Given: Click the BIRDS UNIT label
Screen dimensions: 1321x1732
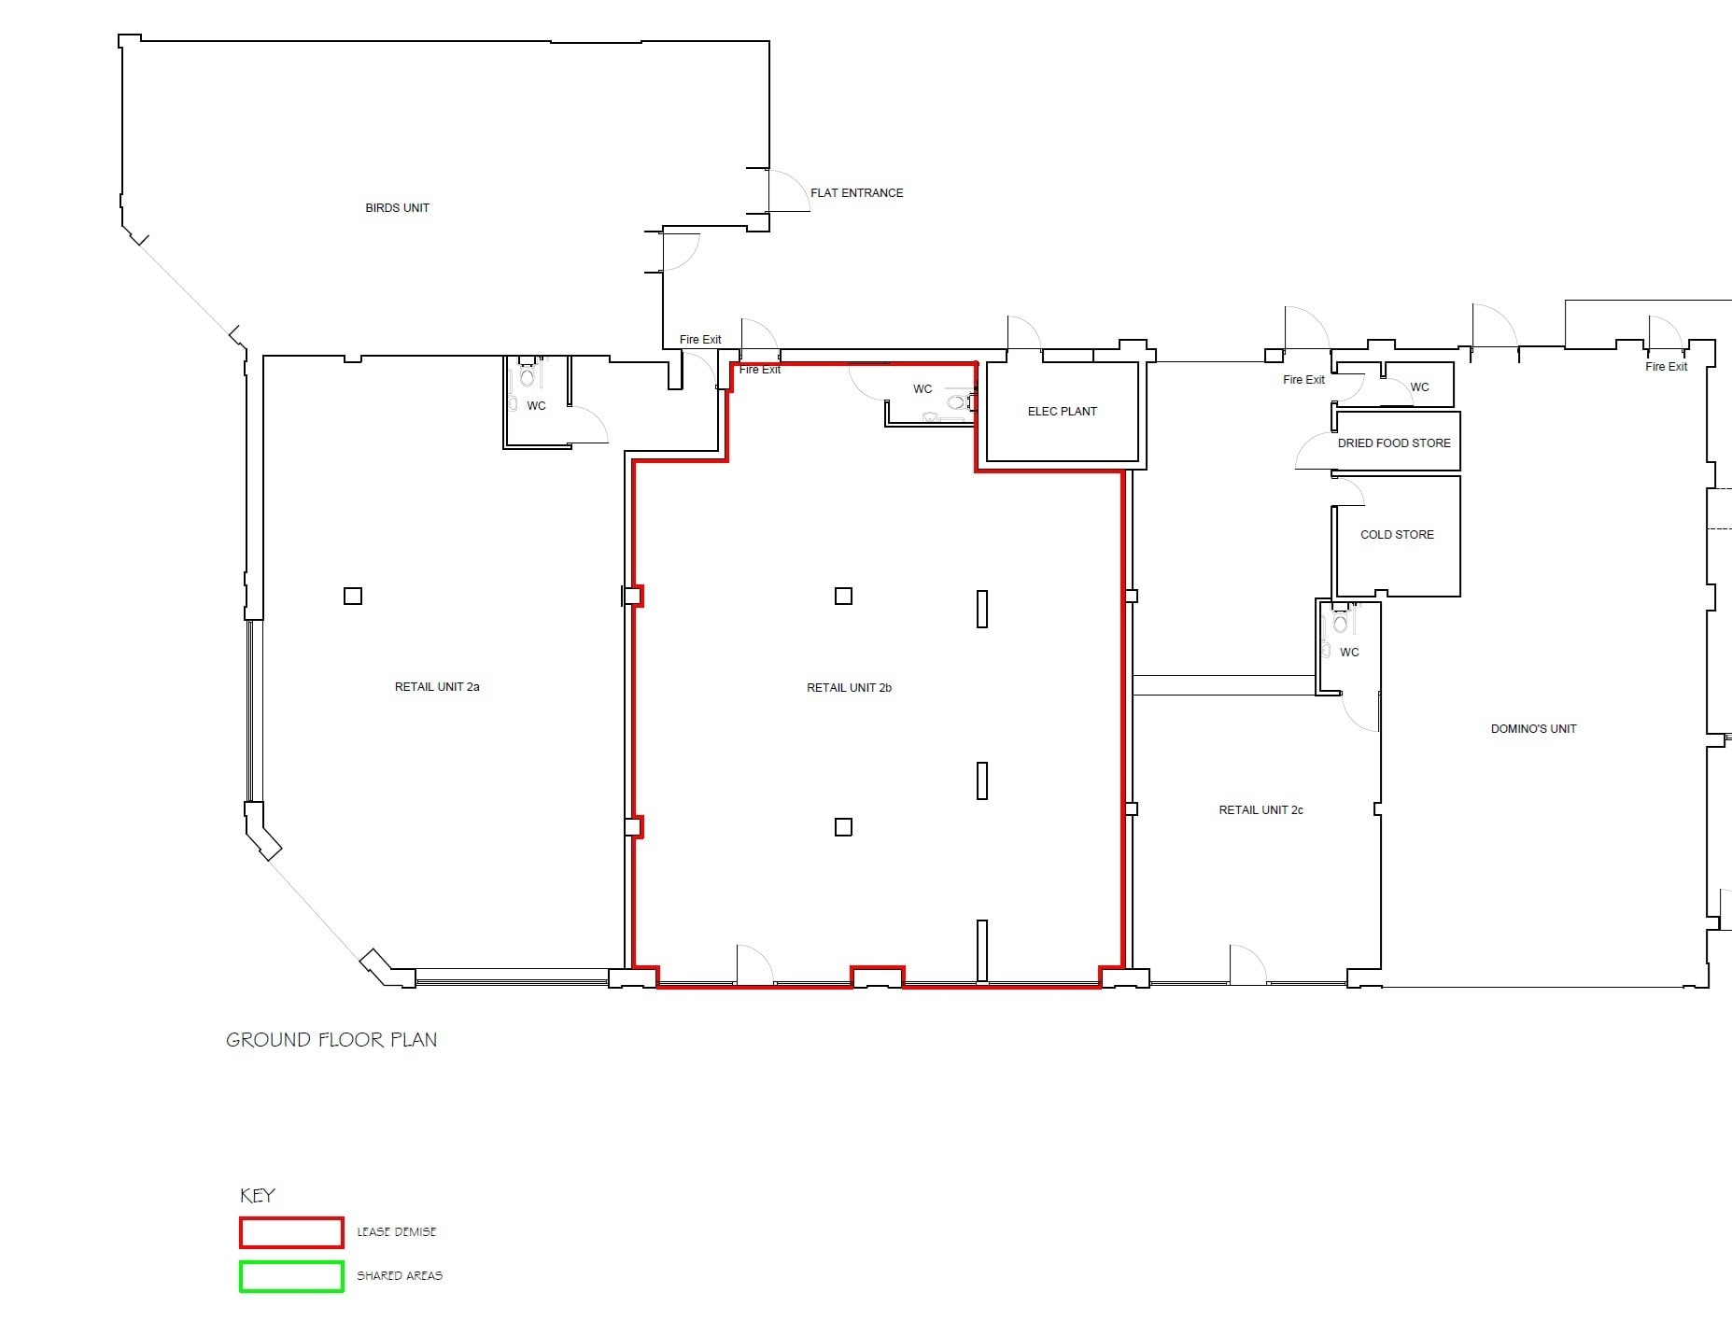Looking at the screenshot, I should (397, 208).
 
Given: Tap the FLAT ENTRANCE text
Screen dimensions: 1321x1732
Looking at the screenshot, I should (856, 193).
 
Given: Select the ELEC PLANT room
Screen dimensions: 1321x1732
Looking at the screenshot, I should (1062, 412).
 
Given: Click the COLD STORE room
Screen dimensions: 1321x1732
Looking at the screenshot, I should (1397, 535).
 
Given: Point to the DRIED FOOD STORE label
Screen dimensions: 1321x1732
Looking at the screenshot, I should (1394, 443).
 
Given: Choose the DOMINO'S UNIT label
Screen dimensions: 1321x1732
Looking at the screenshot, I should (1533, 729).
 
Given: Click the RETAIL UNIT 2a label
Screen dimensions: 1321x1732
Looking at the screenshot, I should (437, 687).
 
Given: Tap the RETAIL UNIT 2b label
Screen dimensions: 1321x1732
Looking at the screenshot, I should (849, 688).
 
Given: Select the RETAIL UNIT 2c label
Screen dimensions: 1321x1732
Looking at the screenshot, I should (1260, 810).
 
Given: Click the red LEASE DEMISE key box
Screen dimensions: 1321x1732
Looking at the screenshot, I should (291, 1232).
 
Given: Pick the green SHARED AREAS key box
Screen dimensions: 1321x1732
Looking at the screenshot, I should (291, 1276).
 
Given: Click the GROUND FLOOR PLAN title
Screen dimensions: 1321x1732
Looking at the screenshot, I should (331, 1040).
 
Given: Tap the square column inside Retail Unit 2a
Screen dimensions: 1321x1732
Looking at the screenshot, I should (353, 596).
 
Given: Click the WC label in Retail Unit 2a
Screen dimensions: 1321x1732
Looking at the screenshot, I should (536, 406).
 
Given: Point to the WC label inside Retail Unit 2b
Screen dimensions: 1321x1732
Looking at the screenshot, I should (922, 389).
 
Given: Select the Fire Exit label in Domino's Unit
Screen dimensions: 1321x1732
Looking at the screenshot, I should (1666, 367).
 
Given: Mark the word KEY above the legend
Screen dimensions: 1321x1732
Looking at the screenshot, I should (258, 1196).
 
